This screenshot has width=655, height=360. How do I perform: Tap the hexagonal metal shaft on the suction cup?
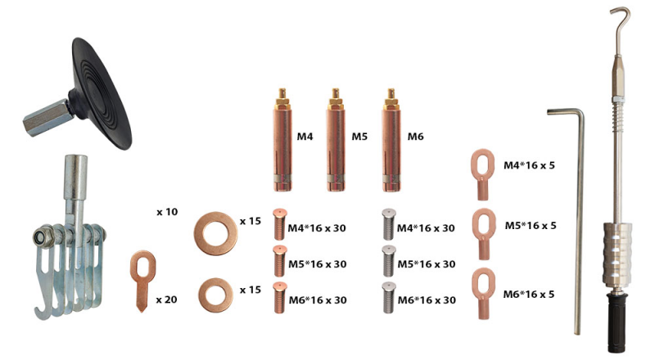[x=45, y=117]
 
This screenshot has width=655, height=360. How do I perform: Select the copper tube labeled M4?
[x=282, y=140]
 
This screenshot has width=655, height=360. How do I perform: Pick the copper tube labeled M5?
[x=336, y=140]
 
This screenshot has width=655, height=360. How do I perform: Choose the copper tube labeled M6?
[x=391, y=140]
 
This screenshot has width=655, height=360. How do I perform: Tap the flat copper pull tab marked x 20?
[x=142, y=281]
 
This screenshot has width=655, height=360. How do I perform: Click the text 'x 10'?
[x=167, y=212]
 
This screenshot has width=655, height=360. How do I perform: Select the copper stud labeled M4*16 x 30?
[x=279, y=225]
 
